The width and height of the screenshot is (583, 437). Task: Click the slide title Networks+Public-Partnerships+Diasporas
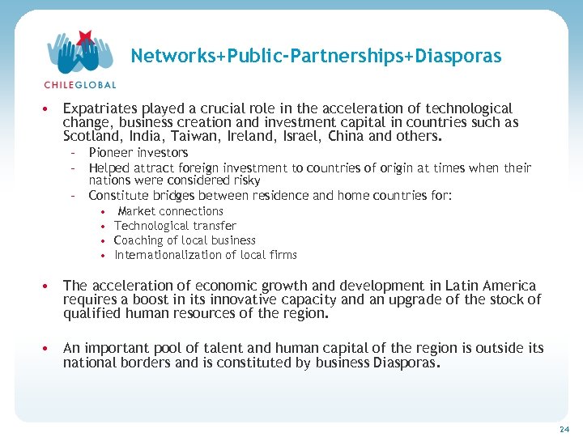pos(316,56)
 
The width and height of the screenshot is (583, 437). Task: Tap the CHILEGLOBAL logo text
pos(80,84)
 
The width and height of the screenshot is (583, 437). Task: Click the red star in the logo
pos(84,36)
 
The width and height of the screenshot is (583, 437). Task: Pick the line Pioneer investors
pos(138,153)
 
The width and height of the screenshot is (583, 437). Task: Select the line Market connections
pos(170,211)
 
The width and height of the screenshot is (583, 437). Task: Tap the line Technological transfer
pos(175,226)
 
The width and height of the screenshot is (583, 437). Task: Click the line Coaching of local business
pos(185,240)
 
